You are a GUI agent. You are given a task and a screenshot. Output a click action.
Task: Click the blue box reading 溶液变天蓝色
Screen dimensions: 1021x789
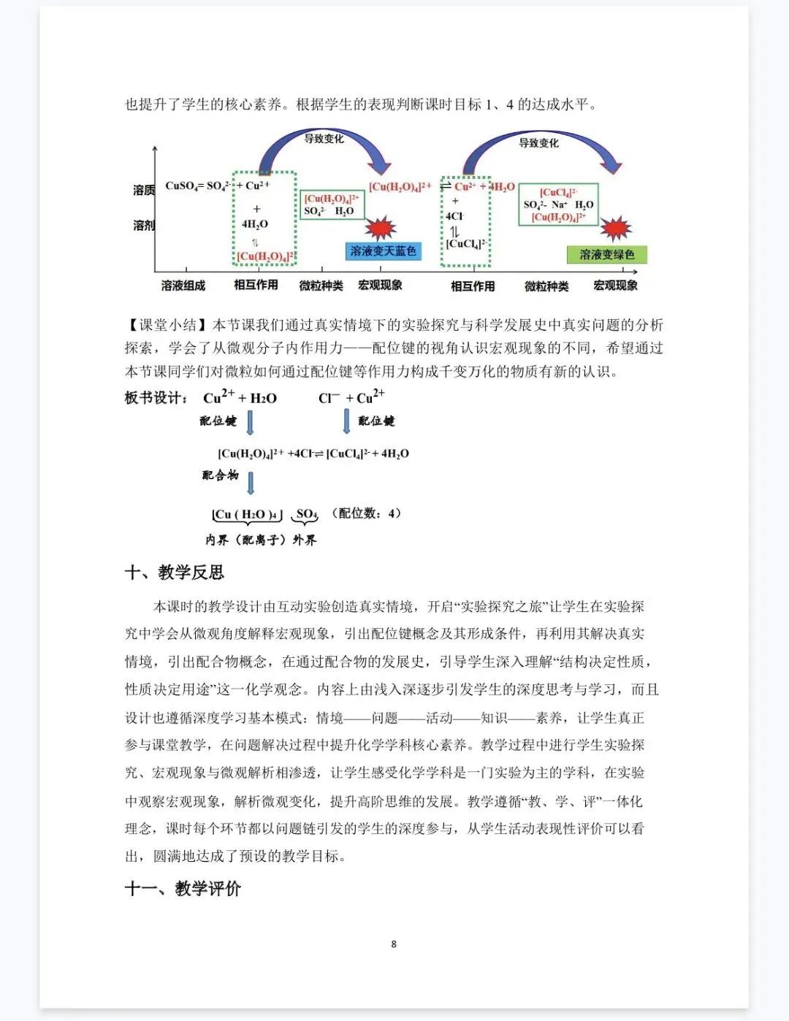382,251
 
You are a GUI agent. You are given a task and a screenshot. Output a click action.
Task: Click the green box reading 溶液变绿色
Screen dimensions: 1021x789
606,255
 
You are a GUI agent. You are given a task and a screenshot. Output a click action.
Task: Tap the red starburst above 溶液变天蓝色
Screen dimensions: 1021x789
380,228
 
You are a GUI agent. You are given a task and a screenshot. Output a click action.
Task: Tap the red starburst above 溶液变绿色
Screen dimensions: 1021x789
616,229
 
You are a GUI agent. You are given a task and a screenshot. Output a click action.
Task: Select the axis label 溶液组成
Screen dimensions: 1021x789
183,286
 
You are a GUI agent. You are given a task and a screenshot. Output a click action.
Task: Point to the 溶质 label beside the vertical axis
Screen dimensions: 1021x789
144,190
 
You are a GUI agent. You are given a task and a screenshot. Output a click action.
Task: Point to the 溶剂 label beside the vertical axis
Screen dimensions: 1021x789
144,225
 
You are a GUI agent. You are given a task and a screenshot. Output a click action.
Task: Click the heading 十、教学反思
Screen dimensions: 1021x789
175,572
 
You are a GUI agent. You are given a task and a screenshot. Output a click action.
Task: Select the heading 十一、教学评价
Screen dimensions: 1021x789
183,888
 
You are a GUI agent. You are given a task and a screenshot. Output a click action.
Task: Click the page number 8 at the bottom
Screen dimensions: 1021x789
394,944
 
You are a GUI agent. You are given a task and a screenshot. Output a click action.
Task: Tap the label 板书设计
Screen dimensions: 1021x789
156,398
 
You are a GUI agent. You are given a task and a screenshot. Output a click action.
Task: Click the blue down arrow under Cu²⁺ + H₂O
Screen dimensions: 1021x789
250,422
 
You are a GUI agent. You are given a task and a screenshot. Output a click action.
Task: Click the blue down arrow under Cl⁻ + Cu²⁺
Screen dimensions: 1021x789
346,421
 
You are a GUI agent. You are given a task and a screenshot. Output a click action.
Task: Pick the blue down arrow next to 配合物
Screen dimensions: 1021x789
251,482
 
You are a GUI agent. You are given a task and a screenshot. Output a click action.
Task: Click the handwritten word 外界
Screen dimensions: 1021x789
305,540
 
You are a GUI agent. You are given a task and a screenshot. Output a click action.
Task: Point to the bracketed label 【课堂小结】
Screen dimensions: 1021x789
168,324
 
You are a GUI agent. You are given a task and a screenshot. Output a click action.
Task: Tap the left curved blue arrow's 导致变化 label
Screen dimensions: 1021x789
324,139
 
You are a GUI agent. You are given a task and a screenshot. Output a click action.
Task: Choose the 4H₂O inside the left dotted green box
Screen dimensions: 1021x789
255,224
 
